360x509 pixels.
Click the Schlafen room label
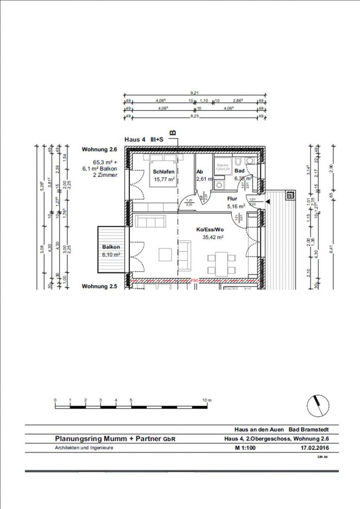pos(164,171)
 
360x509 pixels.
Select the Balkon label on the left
pos(111,247)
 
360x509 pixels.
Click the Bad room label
pos(239,170)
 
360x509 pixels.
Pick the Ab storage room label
pos(199,171)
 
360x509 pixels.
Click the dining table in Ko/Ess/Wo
pos(222,263)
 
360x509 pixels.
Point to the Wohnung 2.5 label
pos(99,287)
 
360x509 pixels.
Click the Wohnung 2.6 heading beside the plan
pos(99,149)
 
